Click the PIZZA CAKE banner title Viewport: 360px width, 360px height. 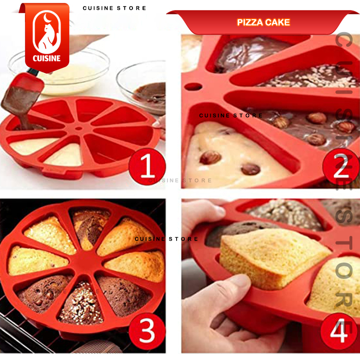264,22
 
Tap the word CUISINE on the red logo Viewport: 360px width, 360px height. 47,58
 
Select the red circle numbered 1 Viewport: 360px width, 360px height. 147,166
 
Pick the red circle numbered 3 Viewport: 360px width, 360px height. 147,331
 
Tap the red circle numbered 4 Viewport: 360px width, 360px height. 339,331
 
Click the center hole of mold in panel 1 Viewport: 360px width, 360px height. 79,129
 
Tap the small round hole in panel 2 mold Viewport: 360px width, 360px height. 193,87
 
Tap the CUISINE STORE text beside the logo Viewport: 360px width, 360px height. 114,8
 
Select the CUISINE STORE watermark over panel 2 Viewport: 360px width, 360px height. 230,116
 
